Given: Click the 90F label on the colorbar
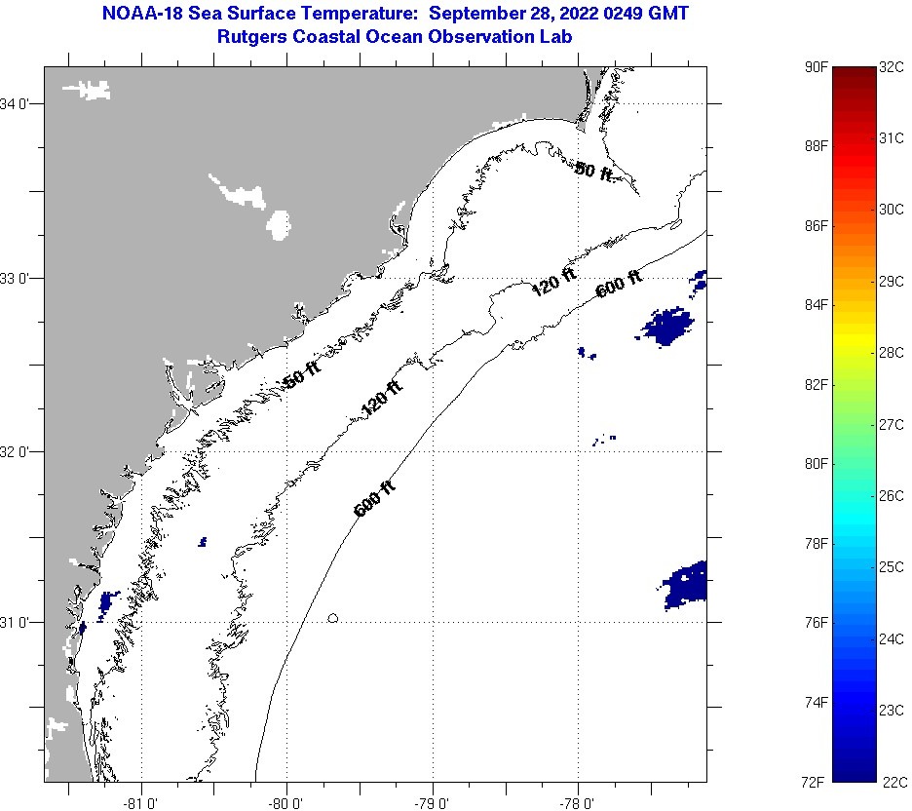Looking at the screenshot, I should point(817,67).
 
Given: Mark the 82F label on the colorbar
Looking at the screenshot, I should point(817,385).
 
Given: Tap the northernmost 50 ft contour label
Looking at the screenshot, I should point(593,172).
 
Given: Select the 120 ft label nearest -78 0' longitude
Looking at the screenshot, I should point(553,282).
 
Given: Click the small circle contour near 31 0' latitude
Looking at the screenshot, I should point(333,618).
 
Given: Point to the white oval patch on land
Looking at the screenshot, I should point(279,225).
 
